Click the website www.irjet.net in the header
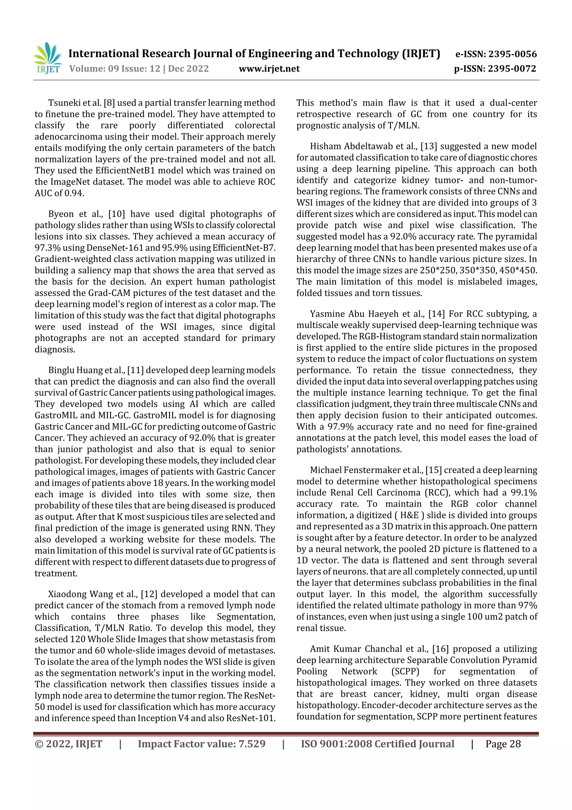click(269, 69)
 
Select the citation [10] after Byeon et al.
click(115, 214)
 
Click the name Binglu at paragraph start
click(60, 370)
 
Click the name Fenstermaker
click(371, 470)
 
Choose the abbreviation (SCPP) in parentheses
click(405, 671)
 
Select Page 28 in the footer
click(503, 744)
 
